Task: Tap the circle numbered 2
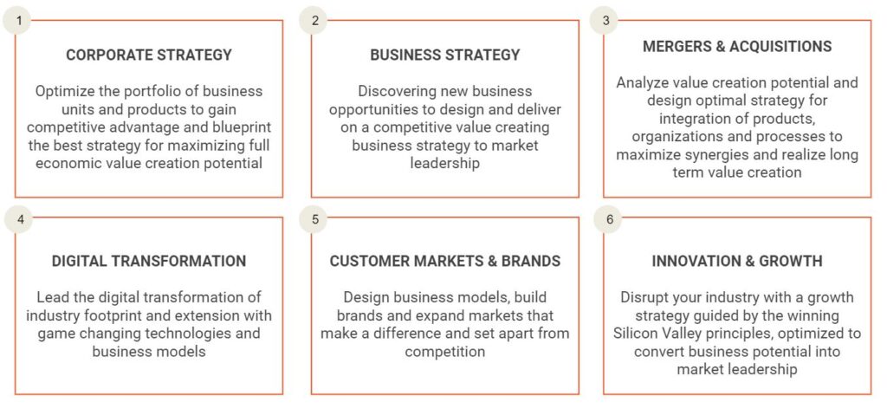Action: [x=314, y=21]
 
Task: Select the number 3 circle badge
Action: [x=605, y=21]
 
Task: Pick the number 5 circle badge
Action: [x=315, y=219]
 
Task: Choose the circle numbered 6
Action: [x=608, y=219]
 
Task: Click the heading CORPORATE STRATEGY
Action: [x=149, y=55]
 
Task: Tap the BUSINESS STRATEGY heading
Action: [x=444, y=55]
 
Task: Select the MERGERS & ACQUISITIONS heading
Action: [x=737, y=47]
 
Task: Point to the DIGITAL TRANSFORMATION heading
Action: [x=149, y=261]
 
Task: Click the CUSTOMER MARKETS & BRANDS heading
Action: [x=444, y=261]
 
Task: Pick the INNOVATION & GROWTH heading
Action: [x=737, y=261]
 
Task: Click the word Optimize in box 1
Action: [x=62, y=91]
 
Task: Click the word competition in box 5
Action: [x=444, y=351]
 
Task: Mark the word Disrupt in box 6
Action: [x=644, y=297]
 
